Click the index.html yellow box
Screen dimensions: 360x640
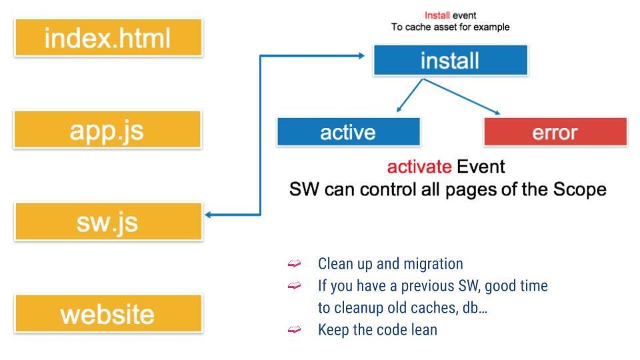(107, 37)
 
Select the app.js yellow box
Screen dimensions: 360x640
(107, 129)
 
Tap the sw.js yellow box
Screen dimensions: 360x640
(107, 221)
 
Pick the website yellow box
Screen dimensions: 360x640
(107, 313)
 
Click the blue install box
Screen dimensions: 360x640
(450, 61)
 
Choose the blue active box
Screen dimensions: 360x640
(348, 132)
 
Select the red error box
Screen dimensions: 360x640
(555, 132)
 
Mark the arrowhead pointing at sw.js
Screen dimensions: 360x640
(209, 215)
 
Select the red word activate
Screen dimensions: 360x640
(419, 166)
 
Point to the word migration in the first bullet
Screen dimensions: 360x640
(435, 264)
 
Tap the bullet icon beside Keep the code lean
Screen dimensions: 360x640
(294, 330)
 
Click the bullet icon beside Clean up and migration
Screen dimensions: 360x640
(294, 265)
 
